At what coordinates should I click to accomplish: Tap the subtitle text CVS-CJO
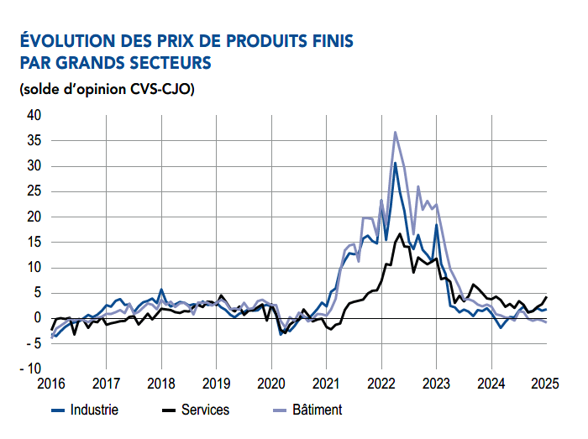[x=162, y=90]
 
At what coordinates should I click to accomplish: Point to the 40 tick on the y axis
[x=34, y=115]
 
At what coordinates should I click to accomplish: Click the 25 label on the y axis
[x=34, y=191]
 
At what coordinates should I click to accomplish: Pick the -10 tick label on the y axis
[x=31, y=369]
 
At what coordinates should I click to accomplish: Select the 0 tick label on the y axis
[x=38, y=318]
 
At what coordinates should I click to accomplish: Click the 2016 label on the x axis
[x=51, y=384]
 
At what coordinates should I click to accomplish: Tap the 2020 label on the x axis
[x=271, y=384]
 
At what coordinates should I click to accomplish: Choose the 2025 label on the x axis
[x=545, y=384]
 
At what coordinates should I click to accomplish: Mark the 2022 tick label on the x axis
[x=381, y=384]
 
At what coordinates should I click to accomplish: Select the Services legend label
[x=205, y=410]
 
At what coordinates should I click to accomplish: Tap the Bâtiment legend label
[x=318, y=410]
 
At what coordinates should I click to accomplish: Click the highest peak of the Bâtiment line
[x=396, y=132]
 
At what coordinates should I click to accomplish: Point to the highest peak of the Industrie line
[x=395, y=163]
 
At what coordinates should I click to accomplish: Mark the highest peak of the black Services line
[x=400, y=233]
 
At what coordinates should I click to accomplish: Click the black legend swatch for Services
[x=168, y=410]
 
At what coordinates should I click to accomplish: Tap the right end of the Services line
[x=546, y=297]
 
